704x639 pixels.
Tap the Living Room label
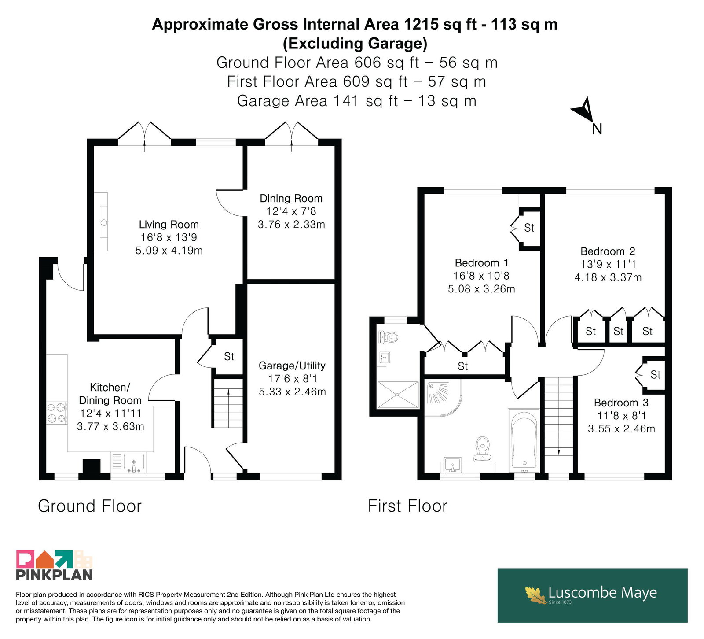(169, 225)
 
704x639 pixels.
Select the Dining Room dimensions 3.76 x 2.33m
(291, 225)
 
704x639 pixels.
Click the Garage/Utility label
(292, 366)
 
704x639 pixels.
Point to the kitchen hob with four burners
(57, 413)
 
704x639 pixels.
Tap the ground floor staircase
(228, 403)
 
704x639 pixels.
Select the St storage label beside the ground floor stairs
(229, 356)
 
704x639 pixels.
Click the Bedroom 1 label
(482, 263)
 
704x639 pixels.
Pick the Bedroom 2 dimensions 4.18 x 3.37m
(608, 277)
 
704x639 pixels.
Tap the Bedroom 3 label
(621, 403)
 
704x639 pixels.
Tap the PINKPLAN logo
(55, 565)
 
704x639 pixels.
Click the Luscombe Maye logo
(592, 595)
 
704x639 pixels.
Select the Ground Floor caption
(90, 506)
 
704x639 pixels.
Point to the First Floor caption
(407, 506)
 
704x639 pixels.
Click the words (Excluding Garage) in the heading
(355, 43)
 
